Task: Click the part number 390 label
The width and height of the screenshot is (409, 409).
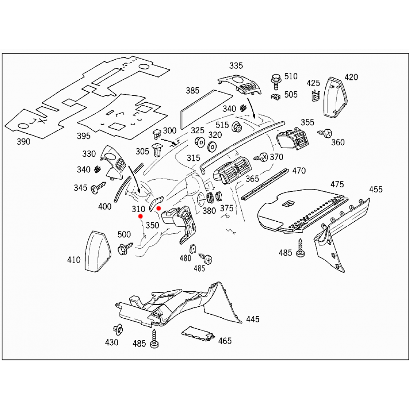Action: [23, 142]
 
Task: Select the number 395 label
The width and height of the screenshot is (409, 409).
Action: [83, 136]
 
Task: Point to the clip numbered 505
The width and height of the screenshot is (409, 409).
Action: [275, 97]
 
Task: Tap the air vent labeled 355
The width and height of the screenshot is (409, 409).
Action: [294, 139]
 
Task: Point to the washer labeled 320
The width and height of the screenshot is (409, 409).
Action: [212, 146]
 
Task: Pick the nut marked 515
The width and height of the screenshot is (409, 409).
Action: [236, 127]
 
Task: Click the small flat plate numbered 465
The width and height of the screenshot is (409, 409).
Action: [198, 333]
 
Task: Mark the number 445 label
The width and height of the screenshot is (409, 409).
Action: [253, 319]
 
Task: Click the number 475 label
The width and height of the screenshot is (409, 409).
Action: [337, 184]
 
